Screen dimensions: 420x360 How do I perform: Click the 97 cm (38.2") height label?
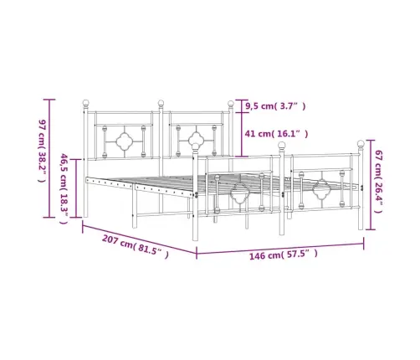tap(42, 151)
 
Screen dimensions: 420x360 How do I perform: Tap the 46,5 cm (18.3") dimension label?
tap(64, 188)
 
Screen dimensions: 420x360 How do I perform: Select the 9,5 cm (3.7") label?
tap(275, 106)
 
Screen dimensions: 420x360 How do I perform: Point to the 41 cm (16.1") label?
tap(276, 134)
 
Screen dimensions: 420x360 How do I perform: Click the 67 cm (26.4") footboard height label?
tap(379, 182)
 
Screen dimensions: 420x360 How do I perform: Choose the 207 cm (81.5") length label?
tap(136, 246)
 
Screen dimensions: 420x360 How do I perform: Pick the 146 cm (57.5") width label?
tap(284, 255)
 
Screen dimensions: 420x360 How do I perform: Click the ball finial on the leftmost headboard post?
tap(86, 103)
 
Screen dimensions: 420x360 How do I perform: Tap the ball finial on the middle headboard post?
tap(161, 103)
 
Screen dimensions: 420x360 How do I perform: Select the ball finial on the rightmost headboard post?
tap(231, 104)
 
